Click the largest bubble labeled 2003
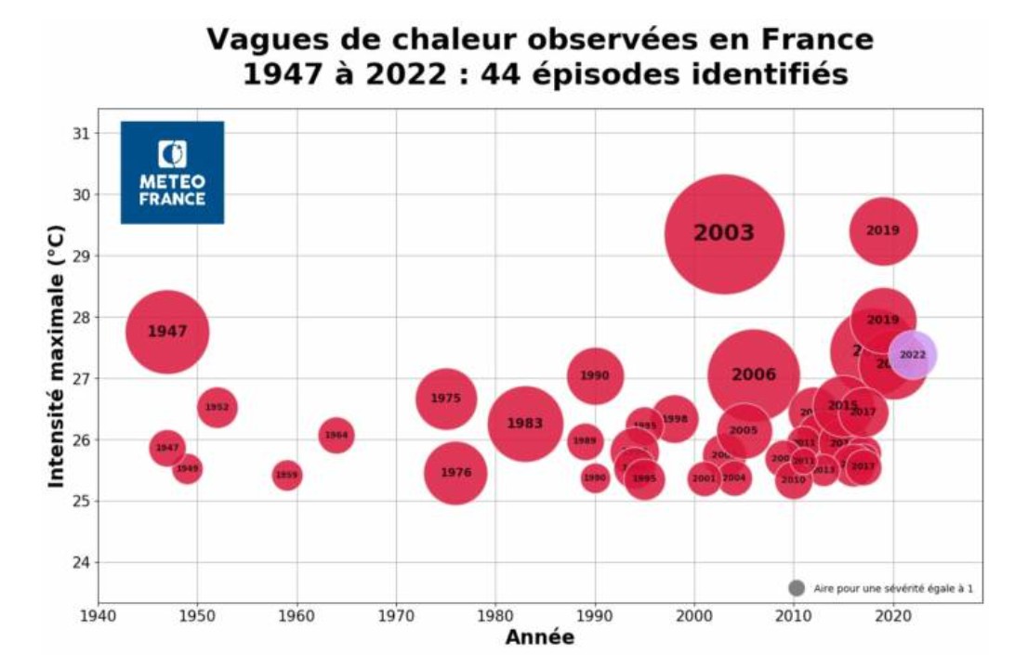[724, 233]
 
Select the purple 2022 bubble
[912, 355]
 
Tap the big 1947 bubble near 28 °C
[166, 332]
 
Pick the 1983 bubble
[524, 424]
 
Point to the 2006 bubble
[753, 375]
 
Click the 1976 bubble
[455, 473]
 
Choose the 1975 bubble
[445, 399]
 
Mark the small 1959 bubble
[286, 476]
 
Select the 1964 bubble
[336, 435]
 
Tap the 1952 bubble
[217, 407]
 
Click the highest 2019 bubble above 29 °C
[883, 231]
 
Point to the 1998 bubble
[675, 419]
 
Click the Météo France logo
[172, 172]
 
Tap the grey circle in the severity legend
[796, 588]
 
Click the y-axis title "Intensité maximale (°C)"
[57, 355]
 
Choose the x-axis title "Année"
[539, 637]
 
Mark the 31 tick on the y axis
[82, 133]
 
